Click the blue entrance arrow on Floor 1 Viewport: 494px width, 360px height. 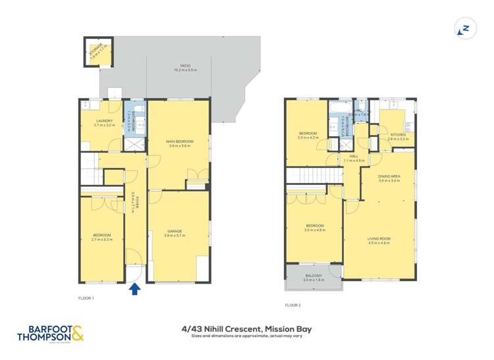pyautogui.click(x=134, y=288)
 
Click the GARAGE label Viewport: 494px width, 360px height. pyautogui.click(x=175, y=231)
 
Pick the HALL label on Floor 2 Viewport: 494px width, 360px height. pyautogui.click(x=354, y=156)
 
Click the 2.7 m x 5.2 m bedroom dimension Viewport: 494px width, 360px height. pyautogui.click(x=101, y=240)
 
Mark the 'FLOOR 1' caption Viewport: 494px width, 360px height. pyautogui.click(x=86, y=299)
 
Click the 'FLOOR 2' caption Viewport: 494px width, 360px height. pyautogui.click(x=292, y=305)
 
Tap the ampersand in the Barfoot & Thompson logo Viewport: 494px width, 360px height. pyautogui.click(x=77, y=335)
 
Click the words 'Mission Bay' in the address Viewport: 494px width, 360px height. pyautogui.click(x=287, y=328)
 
